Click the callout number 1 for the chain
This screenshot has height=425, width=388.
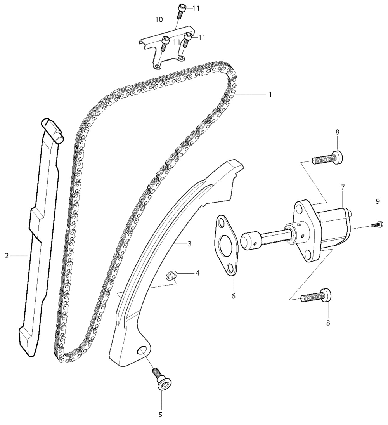pyautogui.click(x=270, y=95)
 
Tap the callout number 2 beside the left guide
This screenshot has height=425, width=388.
pyautogui.click(x=7, y=256)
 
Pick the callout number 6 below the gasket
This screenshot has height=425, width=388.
pyautogui.click(x=233, y=296)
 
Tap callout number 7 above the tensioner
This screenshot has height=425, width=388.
pyautogui.click(x=343, y=187)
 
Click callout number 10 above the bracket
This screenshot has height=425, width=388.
pyautogui.click(x=159, y=19)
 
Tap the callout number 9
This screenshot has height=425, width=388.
pyautogui.click(x=378, y=201)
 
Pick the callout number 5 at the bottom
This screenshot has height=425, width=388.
pyautogui.click(x=160, y=415)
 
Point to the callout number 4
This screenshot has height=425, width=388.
pyautogui.click(x=197, y=273)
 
